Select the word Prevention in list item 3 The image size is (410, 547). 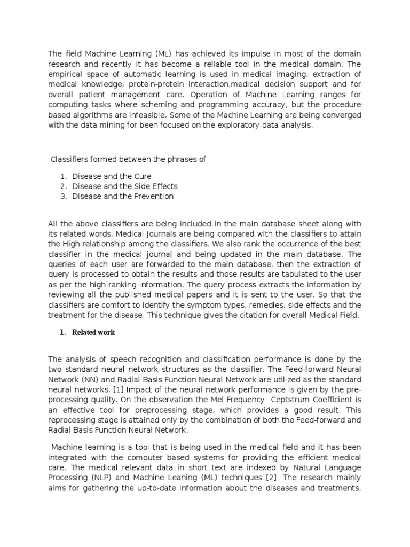[x=153, y=197]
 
